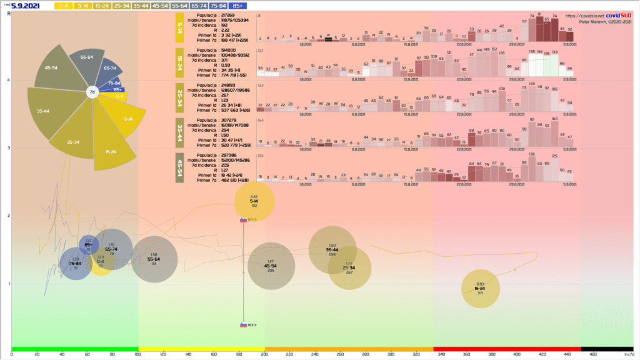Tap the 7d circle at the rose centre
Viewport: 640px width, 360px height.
coord(92,92)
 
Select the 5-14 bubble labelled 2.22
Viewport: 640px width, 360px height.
coord(254,201)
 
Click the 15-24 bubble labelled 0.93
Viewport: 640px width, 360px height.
coord(480,288)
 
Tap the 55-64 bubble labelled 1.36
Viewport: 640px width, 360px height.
coord(154,259)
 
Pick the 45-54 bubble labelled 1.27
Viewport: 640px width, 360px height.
coord(271,266)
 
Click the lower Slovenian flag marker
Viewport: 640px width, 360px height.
coord(243,325)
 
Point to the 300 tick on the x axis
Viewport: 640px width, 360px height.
coord(391,354)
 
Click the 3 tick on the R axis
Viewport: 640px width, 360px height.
coord(8,148)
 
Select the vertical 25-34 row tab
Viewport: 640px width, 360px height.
coord(180,99)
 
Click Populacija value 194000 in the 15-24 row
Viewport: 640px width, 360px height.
coord(229,49)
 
